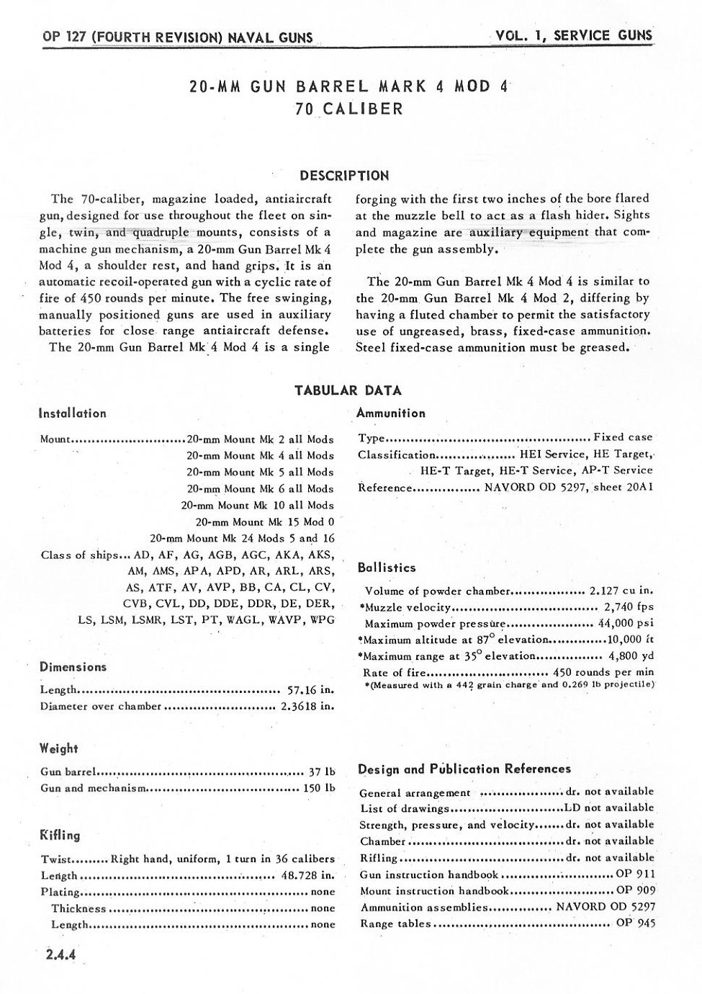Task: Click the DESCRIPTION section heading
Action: (x=344, y=176)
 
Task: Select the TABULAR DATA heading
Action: (x=348, y=390)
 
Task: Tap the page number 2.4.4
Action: (x=60, y=956)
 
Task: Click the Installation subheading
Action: (x=72, y=413)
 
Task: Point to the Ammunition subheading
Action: (x=391, y=413)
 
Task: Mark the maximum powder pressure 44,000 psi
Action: (x=626, y=624)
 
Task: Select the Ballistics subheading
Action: (x=386, y=568)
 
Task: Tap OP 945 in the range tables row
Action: (x=636, y=924)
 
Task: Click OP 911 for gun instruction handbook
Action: (x=636, y=874)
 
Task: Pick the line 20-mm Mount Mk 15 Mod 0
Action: (x=264, y=521)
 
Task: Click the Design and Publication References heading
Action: (x=464, y=769)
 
